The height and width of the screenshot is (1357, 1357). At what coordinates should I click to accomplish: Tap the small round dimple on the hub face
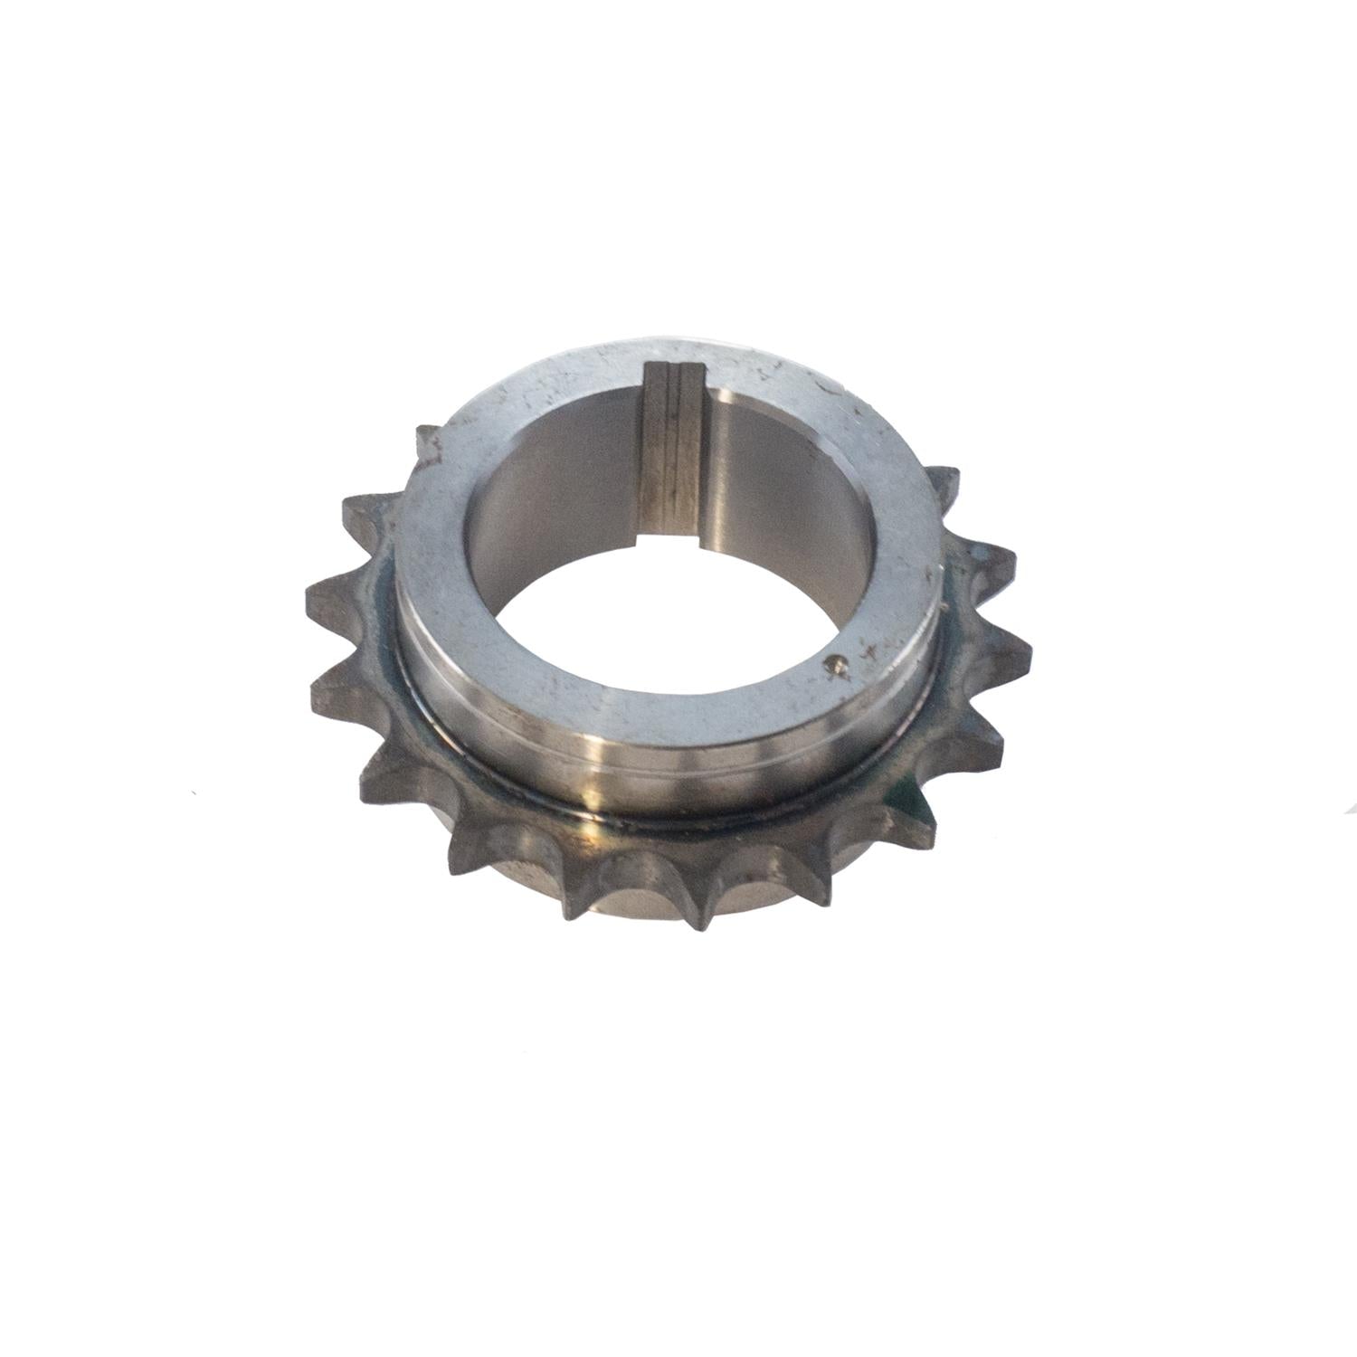click(837, 665)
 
